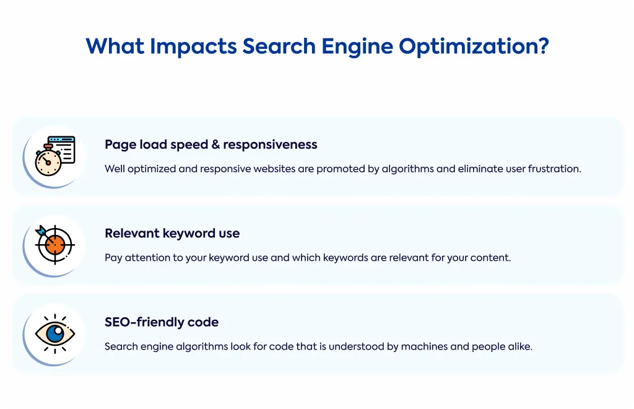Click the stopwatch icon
(48, 161)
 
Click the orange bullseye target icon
(55, 244)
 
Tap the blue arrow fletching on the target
(41, 231)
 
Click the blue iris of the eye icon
(55, 333)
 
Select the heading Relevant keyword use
(172, 234)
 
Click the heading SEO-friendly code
(162, 322)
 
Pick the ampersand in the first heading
(215, 144)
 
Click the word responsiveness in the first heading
(270, 145)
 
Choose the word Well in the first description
(115, 169)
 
